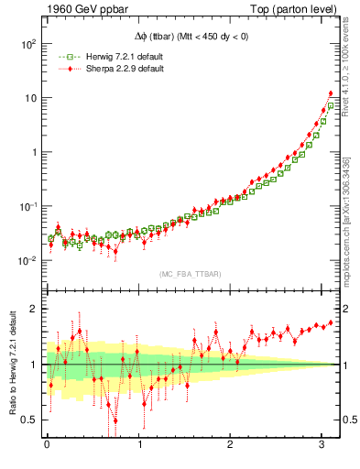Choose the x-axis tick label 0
pyautogui.click(x=47, y=445)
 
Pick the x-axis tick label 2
pyautogui.click(x=232, y=445)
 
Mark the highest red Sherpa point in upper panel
pyautogui.click(x=330, y=93)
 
